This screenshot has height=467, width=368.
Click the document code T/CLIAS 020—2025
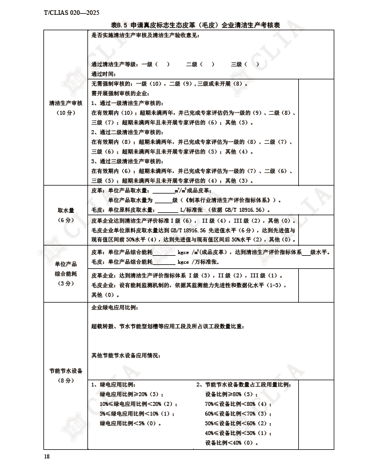[67, 13]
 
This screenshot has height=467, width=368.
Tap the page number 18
[47, 456]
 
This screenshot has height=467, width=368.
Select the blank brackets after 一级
[162, 65]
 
